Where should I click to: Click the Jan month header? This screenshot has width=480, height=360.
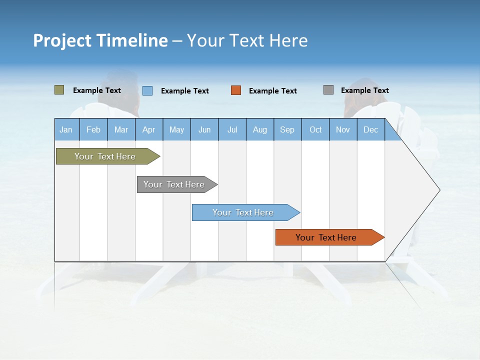tap(66, 129)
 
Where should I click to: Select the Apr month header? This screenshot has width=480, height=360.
tap(148, 129)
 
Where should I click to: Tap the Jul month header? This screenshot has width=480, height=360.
tap(232, 129)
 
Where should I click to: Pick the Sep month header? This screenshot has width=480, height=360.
tap(287, 129)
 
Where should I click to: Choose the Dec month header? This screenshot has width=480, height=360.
tap(370, 129)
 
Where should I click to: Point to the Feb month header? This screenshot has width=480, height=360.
tap(93, 129)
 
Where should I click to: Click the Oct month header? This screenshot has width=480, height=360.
tap(315, 129)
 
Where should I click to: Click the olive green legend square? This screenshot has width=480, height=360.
tap(59, 90)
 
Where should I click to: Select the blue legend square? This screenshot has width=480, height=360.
tap(147, 90)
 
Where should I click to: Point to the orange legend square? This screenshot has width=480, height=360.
tap(236, 90)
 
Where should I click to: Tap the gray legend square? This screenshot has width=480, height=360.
tap(328, 90)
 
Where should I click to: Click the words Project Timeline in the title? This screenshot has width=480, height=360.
tap(100, 40)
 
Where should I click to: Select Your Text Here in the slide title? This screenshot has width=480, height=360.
tap(247, 40)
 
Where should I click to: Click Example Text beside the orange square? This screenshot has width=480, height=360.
tap(273, 91)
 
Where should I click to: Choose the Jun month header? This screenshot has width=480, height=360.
tap(204, 129)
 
